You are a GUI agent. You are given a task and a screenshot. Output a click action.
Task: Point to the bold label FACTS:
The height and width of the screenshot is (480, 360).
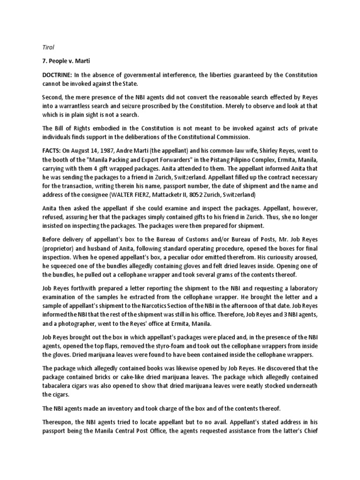[x=53, y=151]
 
